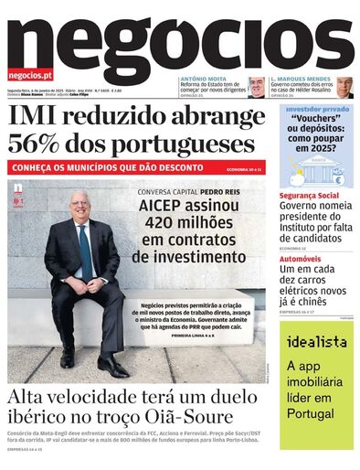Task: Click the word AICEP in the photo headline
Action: [x=163, y=207]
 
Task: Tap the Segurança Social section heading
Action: [x=309, y=196]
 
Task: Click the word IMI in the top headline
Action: [x=37, y=116]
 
